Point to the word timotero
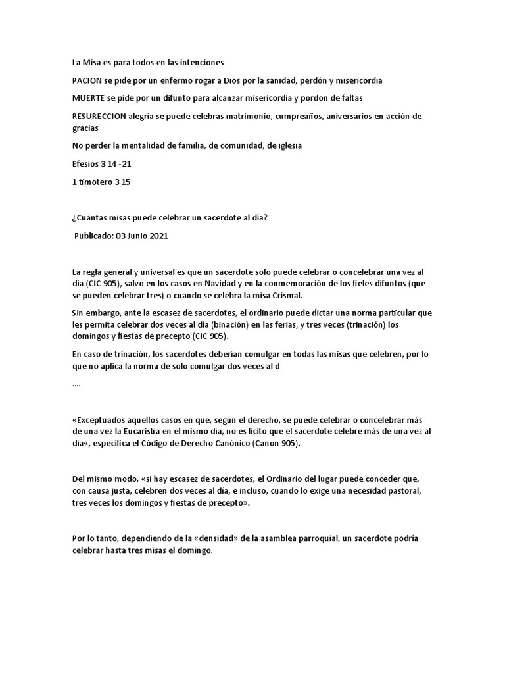coord(99,182)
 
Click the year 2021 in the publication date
coord(157,237)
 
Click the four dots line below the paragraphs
coord(76,384)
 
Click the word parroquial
coord(325,538)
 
